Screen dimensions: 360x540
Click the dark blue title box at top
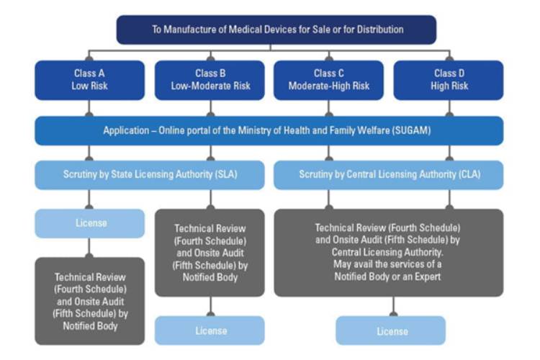[x=277, y=30]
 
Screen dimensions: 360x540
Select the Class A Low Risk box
[x=89, y=79]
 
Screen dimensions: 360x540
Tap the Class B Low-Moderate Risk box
[x=210, y=79]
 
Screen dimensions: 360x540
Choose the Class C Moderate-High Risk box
[x=329, y=79]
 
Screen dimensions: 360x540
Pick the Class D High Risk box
[x=450, y=79]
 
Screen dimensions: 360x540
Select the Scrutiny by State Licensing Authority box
[x=150, y=174]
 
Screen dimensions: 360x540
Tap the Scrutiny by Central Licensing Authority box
[x=390, y=174]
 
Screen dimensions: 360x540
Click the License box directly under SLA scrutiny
[x=90, y=223]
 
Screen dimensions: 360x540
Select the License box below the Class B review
[x=210, y=330]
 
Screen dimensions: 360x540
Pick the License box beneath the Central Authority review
[x=391, y=330]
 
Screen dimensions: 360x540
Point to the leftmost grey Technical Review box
[x=90, y=300]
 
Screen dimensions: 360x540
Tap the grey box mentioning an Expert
[x=390, y=252]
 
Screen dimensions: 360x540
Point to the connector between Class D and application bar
[x=450, y=108]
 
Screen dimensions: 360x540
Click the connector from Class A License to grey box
[x=90, y=247]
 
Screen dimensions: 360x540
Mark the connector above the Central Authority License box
[x=391, y=306]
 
